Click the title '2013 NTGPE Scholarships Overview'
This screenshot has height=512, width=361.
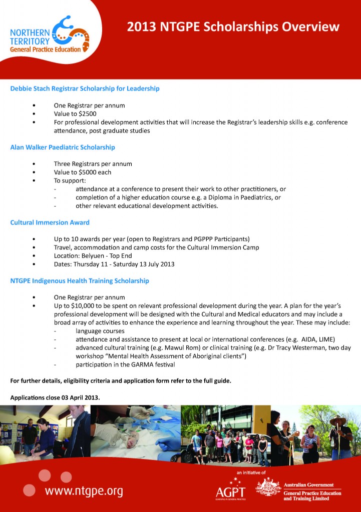point(233,26)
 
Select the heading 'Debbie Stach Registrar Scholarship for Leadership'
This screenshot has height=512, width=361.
point(85,88)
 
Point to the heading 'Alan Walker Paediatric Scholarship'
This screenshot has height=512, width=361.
point(63,147)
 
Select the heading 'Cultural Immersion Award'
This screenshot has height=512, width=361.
point(50,222)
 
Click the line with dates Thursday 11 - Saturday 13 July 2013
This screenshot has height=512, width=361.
point(114,264)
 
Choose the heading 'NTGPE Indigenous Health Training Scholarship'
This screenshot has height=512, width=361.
point(80,281)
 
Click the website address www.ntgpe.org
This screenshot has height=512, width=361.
point(84,491)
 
